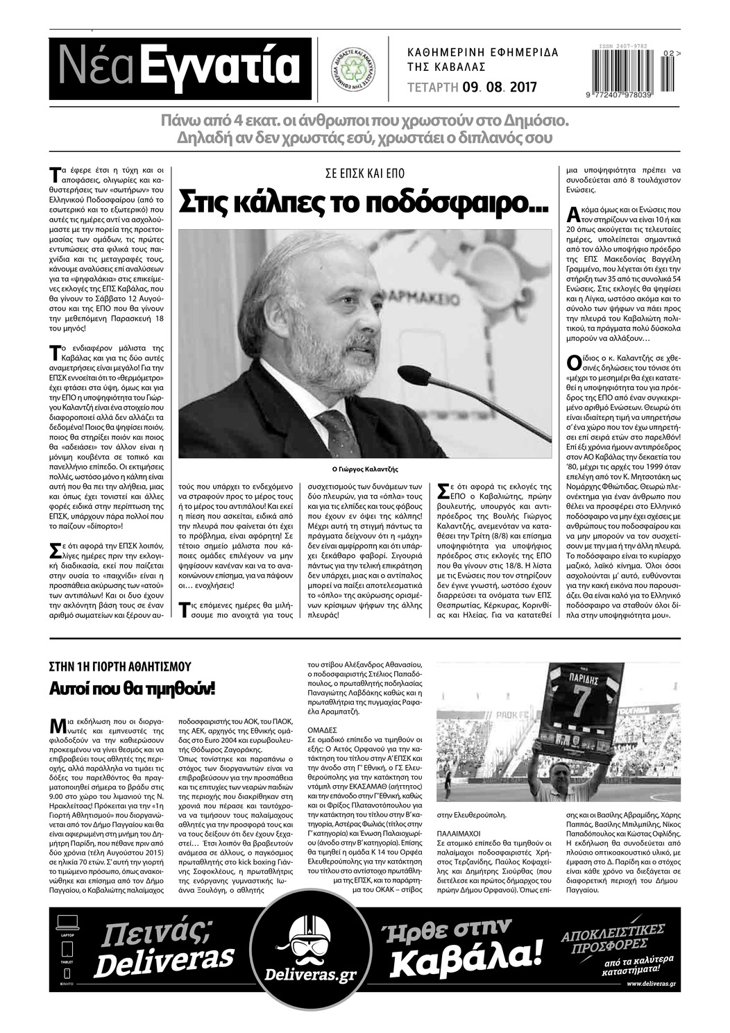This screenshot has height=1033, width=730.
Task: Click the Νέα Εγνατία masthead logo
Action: (x=180, y=67)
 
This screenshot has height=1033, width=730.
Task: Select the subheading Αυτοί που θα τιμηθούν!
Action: (x=131, y=689)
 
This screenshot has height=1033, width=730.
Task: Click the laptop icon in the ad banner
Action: (x=67, y=923)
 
